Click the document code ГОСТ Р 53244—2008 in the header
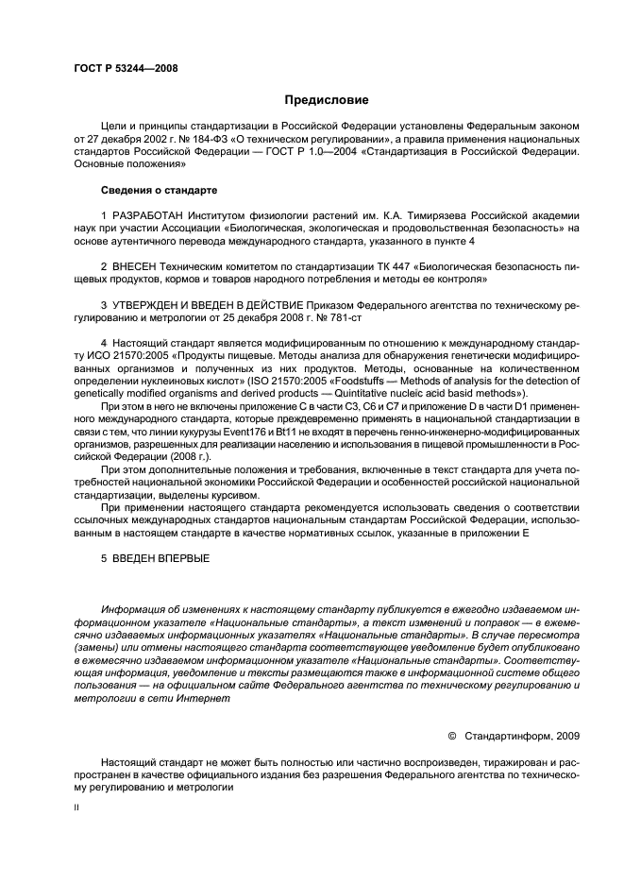(126, 68)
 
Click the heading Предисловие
(327, 99)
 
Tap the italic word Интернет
(201, 699)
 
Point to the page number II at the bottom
(77, 807)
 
